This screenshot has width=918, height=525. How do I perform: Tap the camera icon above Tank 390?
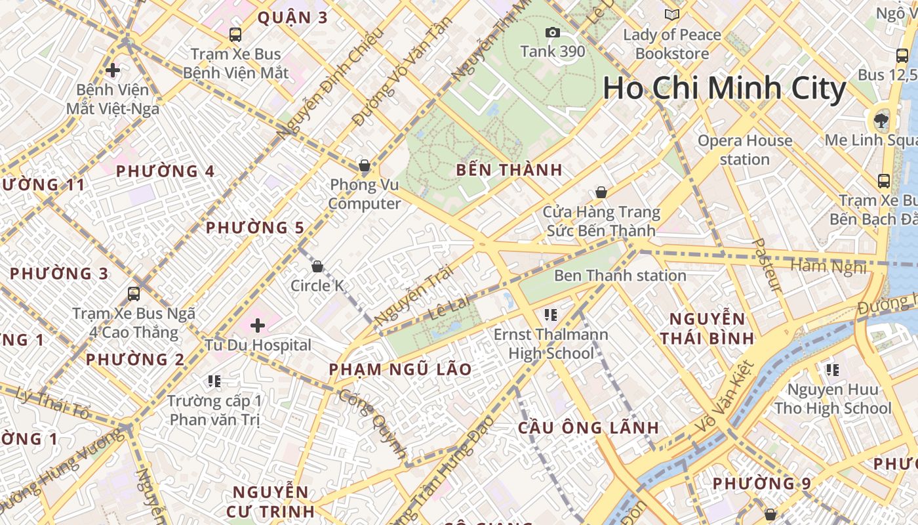[553, 32]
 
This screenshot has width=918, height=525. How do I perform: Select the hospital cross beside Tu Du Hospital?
[258, 325]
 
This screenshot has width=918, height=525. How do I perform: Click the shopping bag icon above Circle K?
[317, 266]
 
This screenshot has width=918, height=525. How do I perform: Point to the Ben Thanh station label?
[620, 275]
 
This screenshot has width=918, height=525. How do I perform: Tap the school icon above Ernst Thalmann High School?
[551, 315]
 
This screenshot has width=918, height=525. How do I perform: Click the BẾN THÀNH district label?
[509, 170]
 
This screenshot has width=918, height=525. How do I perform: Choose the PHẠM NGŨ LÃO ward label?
[400, 369]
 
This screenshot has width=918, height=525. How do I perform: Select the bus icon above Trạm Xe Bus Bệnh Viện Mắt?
[235, 35]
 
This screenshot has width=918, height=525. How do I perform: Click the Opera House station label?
[744, 150]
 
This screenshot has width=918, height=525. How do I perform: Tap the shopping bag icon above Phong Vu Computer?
[365, 165]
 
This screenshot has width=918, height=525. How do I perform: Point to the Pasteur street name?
[765, 265]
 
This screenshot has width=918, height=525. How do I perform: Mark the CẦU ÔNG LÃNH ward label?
[588, 428]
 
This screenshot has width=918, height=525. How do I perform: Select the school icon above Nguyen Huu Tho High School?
[833, 370]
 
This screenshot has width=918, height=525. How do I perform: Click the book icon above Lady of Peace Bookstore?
[672, 15]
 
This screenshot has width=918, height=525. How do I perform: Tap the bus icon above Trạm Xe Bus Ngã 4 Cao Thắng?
[134, 293]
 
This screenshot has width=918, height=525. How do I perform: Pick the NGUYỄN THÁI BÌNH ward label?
[707, 329]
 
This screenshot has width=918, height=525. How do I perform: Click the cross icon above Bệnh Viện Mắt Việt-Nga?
[113, 70]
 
